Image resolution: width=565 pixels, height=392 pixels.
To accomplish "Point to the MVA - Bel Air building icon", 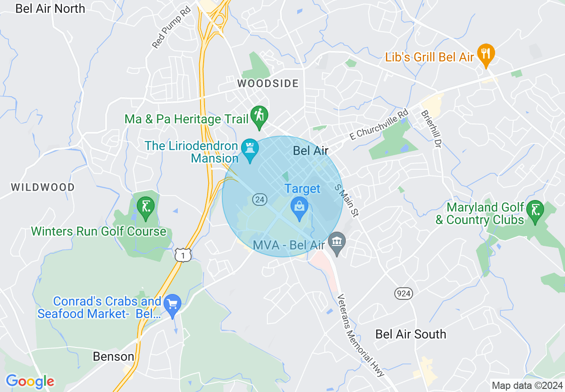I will [x=337, y=243].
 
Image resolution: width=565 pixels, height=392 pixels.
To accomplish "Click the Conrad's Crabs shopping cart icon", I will [x=172, y=305].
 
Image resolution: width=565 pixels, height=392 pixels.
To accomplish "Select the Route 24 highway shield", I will [x=259, y=199].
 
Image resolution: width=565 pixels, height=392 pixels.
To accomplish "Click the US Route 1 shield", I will [x=183, y=254].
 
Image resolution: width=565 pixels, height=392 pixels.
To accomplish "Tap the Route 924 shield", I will [x=403, y=293].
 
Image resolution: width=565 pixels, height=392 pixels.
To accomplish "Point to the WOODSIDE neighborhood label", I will [x=268, y=83].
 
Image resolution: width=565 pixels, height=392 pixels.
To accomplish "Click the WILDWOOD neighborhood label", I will [x=43, y=187].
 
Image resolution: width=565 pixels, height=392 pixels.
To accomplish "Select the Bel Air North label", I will [x=50, y=8].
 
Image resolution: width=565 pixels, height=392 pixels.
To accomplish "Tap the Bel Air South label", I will [x=410, y=334].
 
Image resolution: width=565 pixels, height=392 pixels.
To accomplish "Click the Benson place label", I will [x=114, y=356].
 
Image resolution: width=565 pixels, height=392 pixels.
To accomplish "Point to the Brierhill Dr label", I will [x=431, y=130].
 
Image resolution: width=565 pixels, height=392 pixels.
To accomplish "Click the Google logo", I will [x=30, y=381].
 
